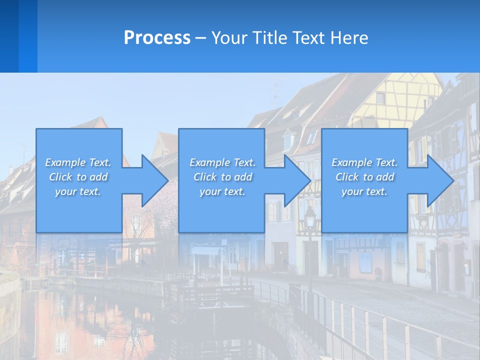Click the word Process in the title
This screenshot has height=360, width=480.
(157, 38)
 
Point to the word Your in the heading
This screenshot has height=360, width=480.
(228, 38)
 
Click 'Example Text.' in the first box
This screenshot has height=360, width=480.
(78, 162)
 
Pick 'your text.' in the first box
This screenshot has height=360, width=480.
(78, 191)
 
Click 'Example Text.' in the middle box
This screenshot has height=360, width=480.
(222, 162)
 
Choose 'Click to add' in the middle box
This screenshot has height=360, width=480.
(222, 177)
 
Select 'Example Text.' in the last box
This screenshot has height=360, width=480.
(364, 162)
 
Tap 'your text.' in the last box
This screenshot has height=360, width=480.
(364, 191)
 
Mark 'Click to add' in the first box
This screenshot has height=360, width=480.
(78, 177)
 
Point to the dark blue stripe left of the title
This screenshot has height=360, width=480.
(9, 36)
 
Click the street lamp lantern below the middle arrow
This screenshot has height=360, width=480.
(310, 216)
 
